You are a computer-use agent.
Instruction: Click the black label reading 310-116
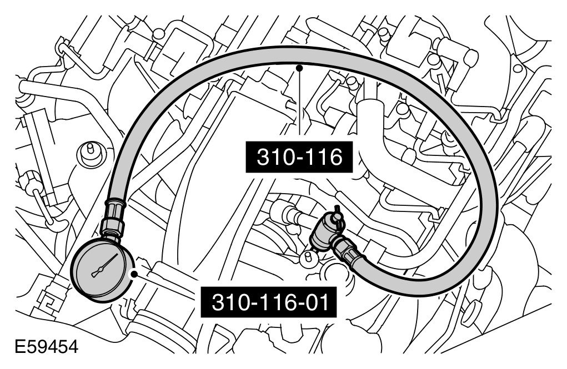coord(299,157)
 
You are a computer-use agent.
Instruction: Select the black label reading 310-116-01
coord(269,302)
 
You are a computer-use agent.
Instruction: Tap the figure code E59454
coord(46,347)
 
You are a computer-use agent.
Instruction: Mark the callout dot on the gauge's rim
coord(134,275)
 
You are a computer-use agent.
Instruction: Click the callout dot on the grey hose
coord(299,68)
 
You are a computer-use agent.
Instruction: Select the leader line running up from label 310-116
coord(299,105)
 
